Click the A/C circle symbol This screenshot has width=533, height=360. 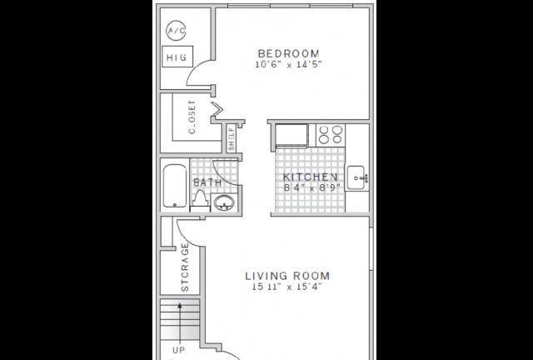click(x=176, y=31)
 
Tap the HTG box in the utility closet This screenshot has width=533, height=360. click(x=177, y=57)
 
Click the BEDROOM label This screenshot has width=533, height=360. click(x=289, y=53)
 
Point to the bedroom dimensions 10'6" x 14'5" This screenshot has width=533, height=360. click(x=288, y=64)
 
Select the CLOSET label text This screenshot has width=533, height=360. click(x=192, y=117)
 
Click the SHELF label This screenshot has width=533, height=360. click(x=232, y=138)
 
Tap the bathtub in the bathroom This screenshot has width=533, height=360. click(x=175, y=186)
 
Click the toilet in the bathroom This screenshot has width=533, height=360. click(x=200, y=200)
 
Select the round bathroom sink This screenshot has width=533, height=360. click(x=224, y=202)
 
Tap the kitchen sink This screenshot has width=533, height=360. click(x=357, y=178)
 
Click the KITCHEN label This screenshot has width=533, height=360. click(x=311, y=177)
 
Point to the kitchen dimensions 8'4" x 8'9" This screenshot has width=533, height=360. click(x=312, y=187)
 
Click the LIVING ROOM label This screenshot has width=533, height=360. click(x=287, y=276)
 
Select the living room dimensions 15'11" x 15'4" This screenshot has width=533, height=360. click(x=286, y=287)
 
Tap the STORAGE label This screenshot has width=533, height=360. click(x=185, y=267)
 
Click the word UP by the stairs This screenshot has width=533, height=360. click(x=179, y=350)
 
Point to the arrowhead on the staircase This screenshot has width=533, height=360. click(x=180, y=306)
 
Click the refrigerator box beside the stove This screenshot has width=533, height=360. click(x=291, y=135)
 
